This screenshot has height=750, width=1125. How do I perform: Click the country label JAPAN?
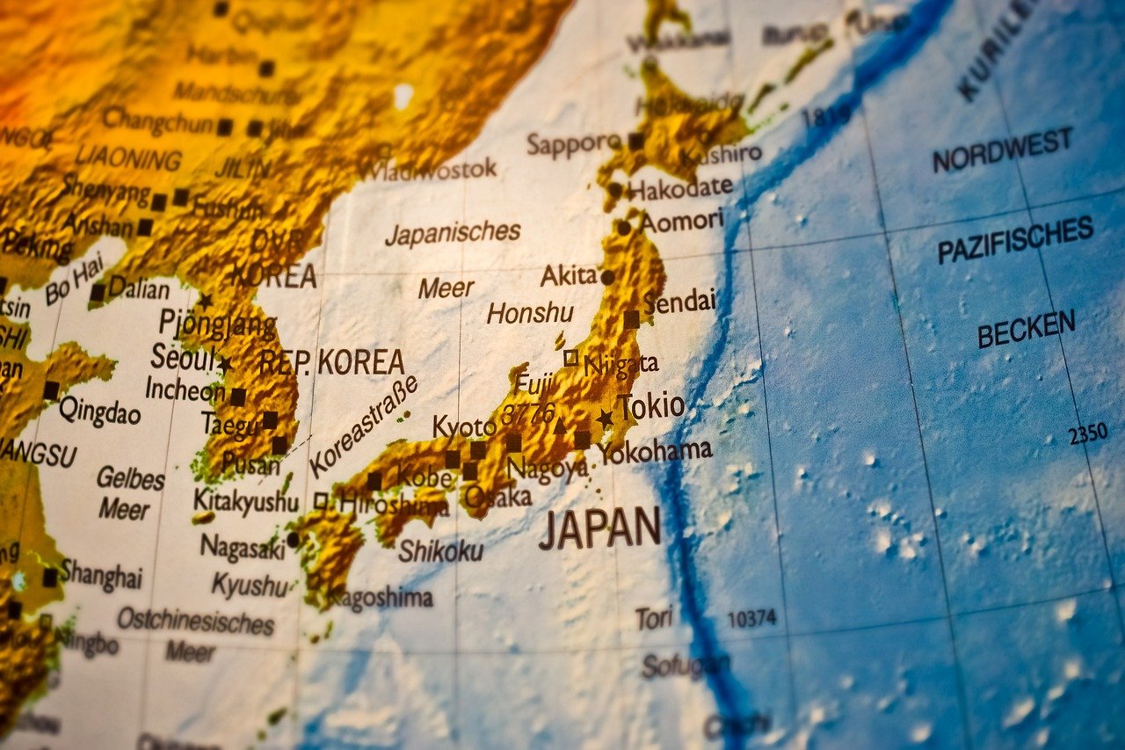[x=599, y=528]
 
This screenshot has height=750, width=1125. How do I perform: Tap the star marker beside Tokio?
[x=605, y=419]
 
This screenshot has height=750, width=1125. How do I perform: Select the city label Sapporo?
[x=574, y=143]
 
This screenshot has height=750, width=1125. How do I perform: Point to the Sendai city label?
[x=679, y=302]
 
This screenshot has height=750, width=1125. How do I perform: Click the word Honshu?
[x=530, y=313]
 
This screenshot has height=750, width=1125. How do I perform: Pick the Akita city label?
[x=569, y=275]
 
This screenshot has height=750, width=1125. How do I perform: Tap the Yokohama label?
[x=656, y=452]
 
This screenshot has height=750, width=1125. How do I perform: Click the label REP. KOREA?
[x=331, y=361]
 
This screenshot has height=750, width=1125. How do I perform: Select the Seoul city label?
[x=182, y=358]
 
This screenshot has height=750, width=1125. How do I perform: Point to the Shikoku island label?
[x=440, y=550]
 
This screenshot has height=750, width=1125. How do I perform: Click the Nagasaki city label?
[x=243, y=547]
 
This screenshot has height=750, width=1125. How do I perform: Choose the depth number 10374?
[x=751, y=618]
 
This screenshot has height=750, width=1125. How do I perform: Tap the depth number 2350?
[x=1087, y=434]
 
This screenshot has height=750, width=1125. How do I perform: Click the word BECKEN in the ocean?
[x=1026, y=330]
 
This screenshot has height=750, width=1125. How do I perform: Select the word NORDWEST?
[x=1002, y=150]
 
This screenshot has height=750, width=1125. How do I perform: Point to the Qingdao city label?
[x=99, y=411]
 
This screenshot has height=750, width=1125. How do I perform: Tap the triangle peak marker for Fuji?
[x=560, y=426]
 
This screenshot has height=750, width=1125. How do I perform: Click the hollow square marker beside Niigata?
[x=571, y=357]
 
